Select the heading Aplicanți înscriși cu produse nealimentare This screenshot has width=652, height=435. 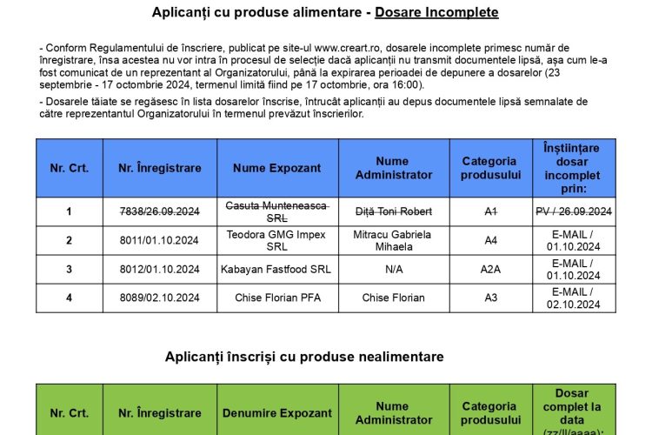[x=304, y=357]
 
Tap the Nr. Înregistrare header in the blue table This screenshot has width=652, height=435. [x=159, y=168]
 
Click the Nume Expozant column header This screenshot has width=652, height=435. [x=277, y=168]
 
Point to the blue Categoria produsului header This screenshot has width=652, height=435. [x=489, y=168]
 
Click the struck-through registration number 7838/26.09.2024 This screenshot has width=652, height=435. [x=159, y=211]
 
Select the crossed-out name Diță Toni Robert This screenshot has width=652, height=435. [x=393, y=211]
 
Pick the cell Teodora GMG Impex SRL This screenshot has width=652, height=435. [x=277, y=240]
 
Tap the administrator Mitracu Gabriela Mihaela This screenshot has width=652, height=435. [x=393, y=240]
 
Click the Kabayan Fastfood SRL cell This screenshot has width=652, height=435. [x=277, y=269]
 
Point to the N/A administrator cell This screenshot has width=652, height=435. [x=393, y=269]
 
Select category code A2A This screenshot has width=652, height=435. [x=490, y=269]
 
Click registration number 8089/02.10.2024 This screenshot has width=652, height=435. [x=159, y=298]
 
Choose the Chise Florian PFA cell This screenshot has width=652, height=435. [x=277, y=298]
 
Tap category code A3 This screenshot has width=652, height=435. [x=490, y=298]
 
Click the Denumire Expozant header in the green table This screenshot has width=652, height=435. [x=277, y=413]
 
